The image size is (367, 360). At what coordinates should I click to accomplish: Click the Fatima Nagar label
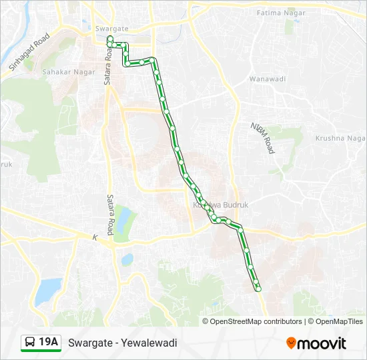click(282, 13)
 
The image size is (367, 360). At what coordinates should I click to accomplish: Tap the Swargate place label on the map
click(111, 29)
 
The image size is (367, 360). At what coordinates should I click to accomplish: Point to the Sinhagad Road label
click(29, 52)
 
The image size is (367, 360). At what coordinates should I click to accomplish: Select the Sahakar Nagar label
click(67, 71)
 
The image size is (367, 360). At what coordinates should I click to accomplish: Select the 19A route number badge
click(49, 343)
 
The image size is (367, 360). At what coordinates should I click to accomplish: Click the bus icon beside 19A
click(31, 343)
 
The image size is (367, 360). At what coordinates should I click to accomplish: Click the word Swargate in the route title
click(89, 343)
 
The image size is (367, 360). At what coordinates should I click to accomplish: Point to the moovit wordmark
click(322, 343)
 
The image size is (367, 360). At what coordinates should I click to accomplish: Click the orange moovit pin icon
click(291, 343)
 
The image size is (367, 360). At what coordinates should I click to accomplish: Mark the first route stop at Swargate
click(109, 39)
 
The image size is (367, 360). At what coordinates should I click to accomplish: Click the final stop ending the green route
click(258, 288)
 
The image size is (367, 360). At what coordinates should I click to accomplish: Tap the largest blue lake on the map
click(48, 289)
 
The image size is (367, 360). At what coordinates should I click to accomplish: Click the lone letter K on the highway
click(95, 237)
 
